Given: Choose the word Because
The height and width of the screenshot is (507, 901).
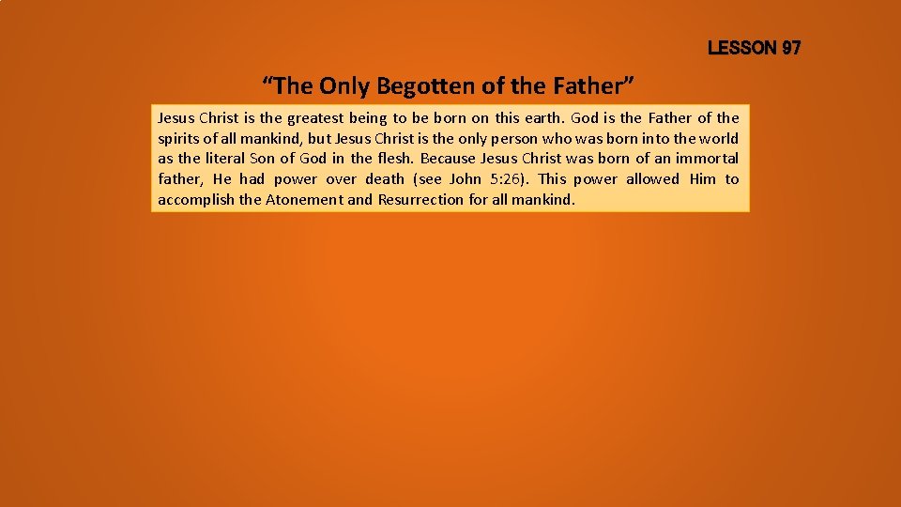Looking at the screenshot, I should pos(448,158).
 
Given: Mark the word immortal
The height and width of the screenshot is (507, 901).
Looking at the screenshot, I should pos(705,158).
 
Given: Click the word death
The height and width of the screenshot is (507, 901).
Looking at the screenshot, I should pos(385,178).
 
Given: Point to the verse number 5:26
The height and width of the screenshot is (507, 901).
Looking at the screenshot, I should pos(511,178).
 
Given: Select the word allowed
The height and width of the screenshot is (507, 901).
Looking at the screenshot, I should pos(652,178).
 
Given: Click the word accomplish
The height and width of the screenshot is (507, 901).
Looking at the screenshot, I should pos(196,199).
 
